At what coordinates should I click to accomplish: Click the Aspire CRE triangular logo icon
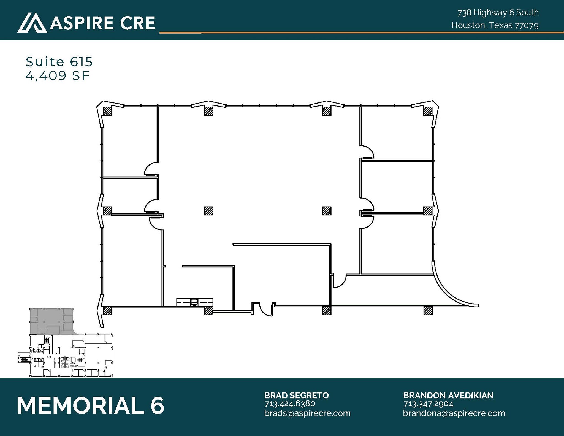coord(32,23)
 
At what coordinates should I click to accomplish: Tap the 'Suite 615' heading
coord(59,62)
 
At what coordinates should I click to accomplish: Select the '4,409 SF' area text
coord(58,75)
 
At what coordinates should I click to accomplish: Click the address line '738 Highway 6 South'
coord(498,13)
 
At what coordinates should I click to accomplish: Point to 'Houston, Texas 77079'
coord(495,25)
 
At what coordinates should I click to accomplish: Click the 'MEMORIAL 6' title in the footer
coord(91,405)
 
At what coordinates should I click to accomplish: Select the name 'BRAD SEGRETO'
coord(297,395)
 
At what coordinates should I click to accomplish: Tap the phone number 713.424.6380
coord(290,404)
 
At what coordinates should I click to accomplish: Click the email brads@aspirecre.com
coord(307,413)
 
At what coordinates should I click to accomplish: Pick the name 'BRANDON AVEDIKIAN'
coord(448,395)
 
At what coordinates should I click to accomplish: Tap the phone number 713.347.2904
coord(428,404)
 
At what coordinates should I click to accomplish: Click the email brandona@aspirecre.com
coord(454,413)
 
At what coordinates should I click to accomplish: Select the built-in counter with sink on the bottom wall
coord(195,302)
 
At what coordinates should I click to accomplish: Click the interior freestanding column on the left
coord(209,211)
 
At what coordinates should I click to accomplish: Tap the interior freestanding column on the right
coord(327,211)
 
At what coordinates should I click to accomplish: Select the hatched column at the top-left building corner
coord(107,111)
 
